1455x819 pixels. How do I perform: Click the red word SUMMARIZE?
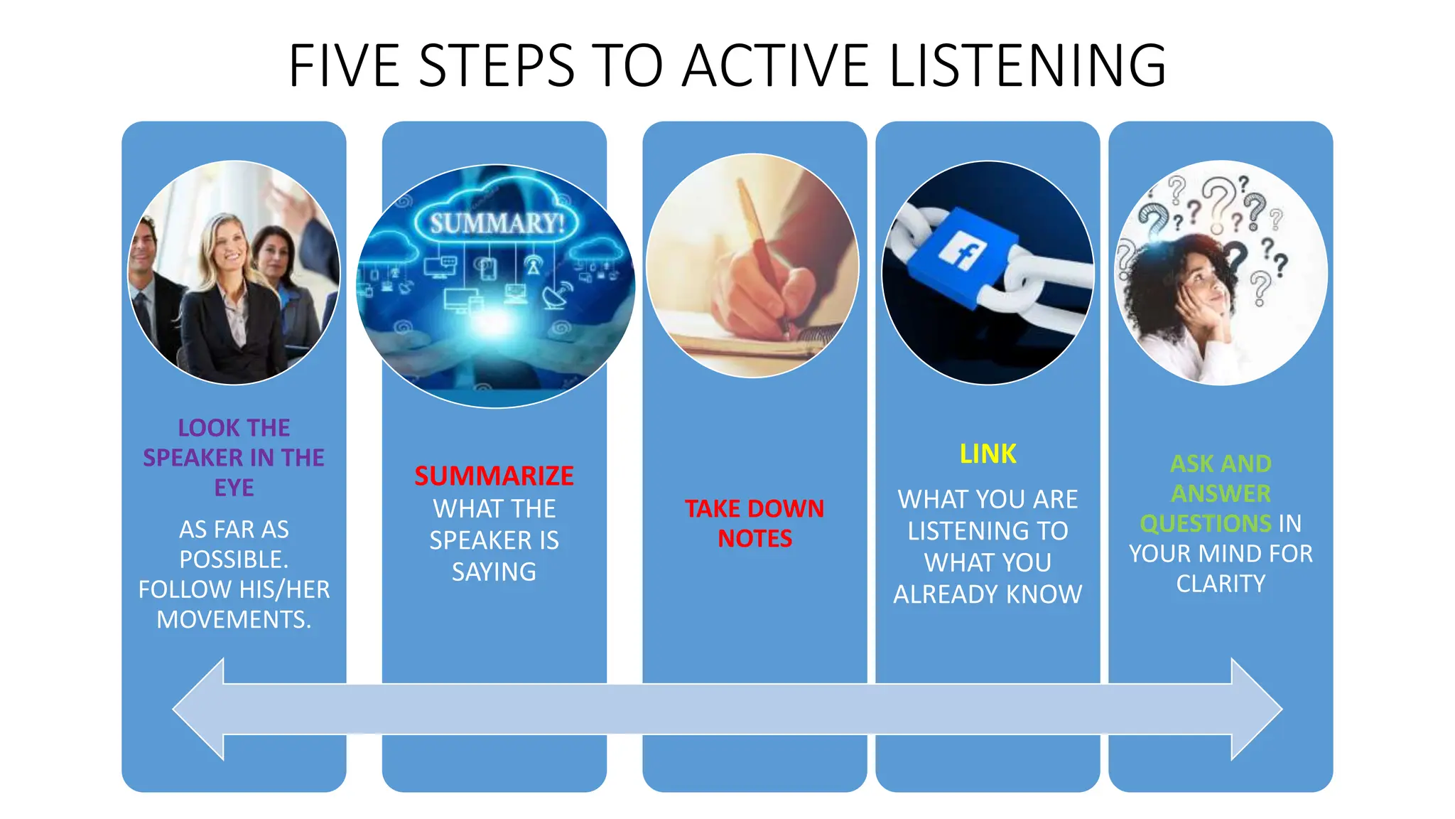494,476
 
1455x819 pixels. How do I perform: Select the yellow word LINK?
988,454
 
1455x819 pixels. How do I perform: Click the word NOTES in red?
754,539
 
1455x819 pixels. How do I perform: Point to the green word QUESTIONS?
1205,524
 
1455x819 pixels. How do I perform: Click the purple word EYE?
234,488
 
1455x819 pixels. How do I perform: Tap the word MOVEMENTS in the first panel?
234,620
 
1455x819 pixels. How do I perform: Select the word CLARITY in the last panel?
1221,584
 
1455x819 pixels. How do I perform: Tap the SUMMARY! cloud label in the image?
497,223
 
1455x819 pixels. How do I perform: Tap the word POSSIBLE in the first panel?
234,560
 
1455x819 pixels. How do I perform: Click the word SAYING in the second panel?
494,572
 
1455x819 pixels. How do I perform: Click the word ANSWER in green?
1221,493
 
